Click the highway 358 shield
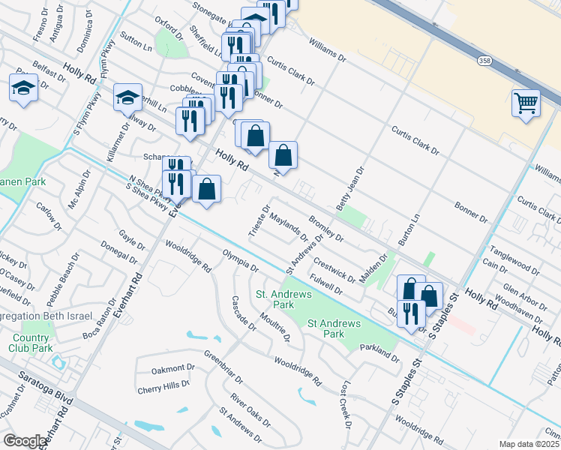[x=484, y=58]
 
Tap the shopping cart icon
[x=526, y=103]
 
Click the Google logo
[x=24, y=440]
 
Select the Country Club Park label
[x=31, y=342]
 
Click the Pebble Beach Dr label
[x=61, y=279]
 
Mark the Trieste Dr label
[x=259, y=218]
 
